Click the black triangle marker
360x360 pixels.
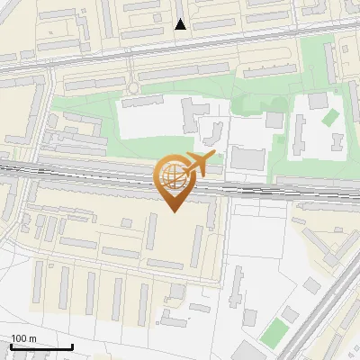(x=181, y=24)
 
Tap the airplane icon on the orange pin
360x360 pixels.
(x=198, y=164)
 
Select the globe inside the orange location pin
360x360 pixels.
(x=172, y=175)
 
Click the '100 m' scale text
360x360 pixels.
(x=23, y=338)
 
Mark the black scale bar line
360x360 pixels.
(x=40, y=347)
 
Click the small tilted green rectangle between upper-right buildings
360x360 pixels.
(x=329, y=118)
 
